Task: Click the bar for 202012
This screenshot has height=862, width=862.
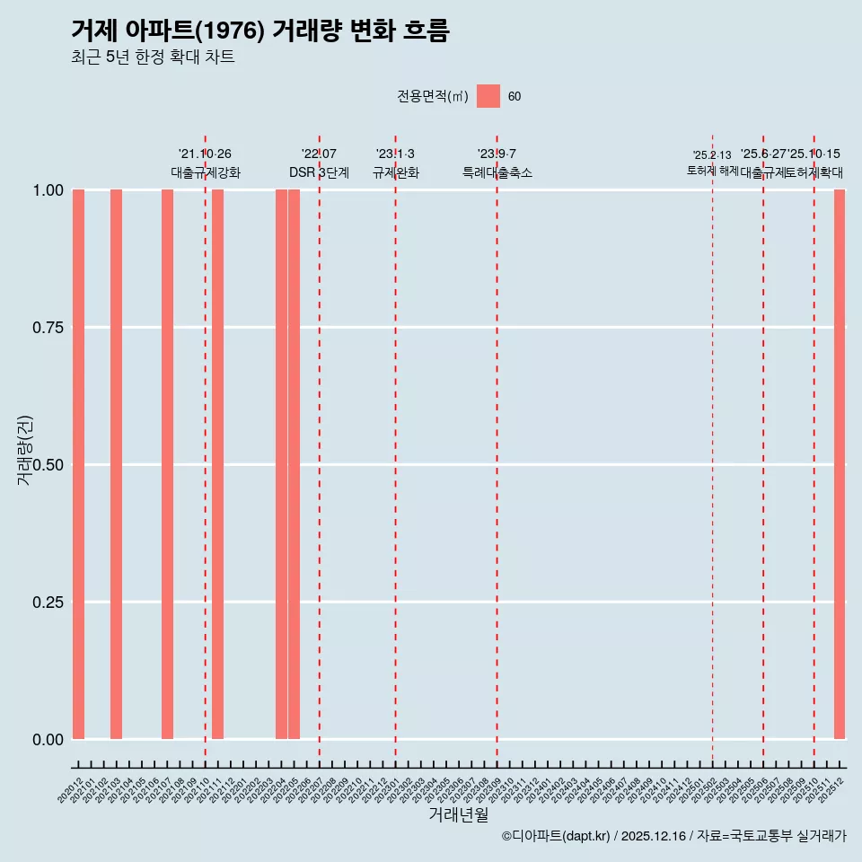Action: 78,464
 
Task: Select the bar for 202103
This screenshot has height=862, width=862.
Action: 116,464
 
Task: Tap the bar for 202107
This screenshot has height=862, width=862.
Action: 167,464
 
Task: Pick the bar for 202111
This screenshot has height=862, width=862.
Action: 217,464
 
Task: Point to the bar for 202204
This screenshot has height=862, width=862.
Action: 281,464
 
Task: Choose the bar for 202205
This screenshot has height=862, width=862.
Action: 294,464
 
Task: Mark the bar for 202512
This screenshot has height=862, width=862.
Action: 840,464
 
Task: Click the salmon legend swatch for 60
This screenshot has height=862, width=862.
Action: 488,96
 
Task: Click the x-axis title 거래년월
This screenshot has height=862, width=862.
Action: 458,814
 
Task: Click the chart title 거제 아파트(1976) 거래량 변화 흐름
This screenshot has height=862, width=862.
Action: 260,31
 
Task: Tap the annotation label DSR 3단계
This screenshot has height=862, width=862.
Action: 319,172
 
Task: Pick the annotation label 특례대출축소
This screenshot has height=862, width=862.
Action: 497,172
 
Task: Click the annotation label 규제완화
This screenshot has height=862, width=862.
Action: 395,172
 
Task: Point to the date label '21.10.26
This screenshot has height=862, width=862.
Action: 205,154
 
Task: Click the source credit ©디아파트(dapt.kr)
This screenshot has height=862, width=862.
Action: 556,836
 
